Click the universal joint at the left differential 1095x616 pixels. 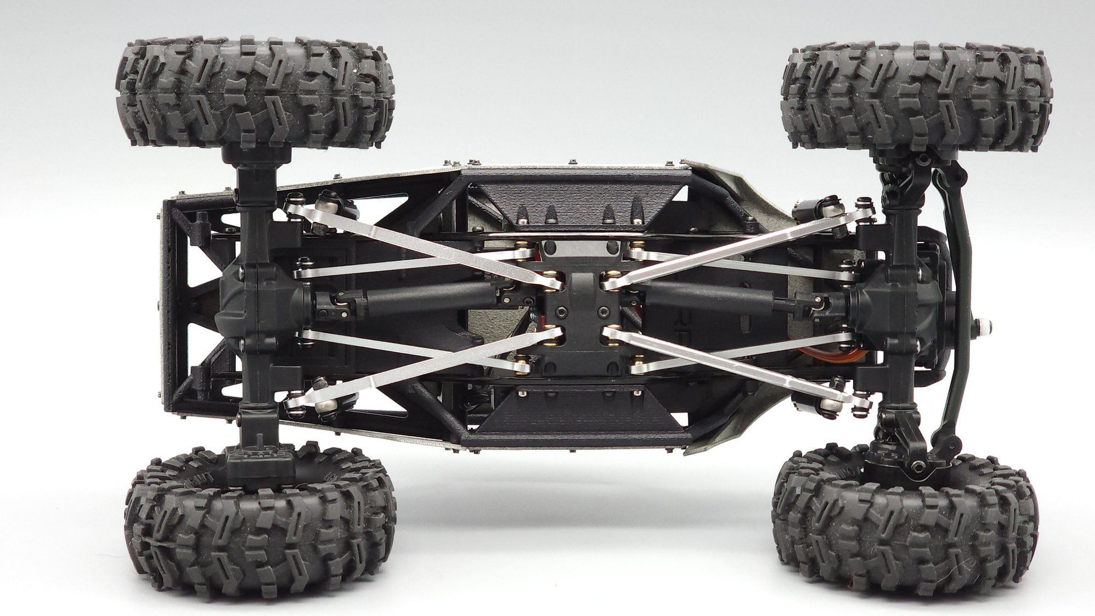(329, 301)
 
